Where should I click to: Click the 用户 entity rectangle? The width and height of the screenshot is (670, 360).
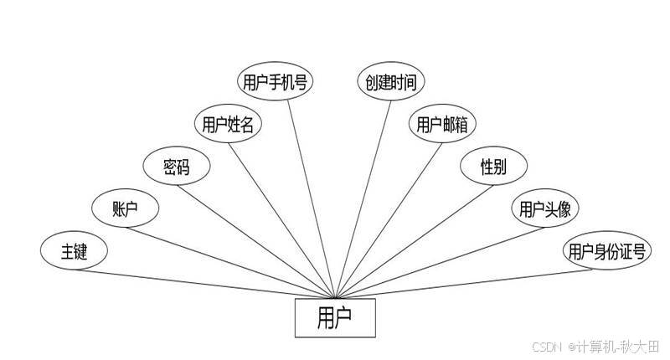pyautogui.click(x=335, y=318)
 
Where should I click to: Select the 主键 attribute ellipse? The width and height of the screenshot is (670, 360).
pyautogui.click(x=74, y=250)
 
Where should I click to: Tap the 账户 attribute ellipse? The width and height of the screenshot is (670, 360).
pyautogui.click(x=125, y=208)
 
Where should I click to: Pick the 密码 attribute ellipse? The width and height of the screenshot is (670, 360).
pyautogui.click(x=177, y=167)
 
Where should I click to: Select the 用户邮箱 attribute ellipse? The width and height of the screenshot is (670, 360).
pyautogui.click(x=442, y=125)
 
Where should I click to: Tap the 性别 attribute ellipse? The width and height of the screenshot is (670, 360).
pyautogui.click(x=493, y=167)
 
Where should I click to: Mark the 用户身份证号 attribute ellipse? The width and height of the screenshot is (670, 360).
pyautogui.click(x=606, y=251)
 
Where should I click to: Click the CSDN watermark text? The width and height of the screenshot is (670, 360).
pyautogui.click(x=546, y=345)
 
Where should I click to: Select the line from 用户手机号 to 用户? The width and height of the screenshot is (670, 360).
pyautogui.click(x=312, y=193)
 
